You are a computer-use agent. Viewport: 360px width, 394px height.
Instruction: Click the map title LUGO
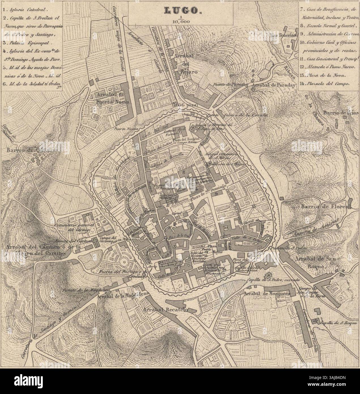[x=180, y=10]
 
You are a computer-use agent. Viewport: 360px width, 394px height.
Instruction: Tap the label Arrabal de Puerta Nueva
[x=113, y=98]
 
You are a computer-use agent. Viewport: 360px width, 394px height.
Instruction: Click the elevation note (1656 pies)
[x=185, y=105]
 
